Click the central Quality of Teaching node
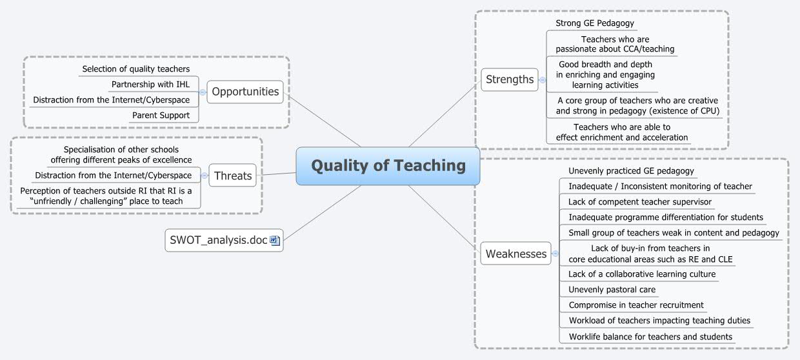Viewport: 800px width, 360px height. pos(388,166)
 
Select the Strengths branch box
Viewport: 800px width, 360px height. pos(510,79)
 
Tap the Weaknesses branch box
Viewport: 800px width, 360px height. pos(515,254)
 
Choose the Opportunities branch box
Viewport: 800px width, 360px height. pos(245,92)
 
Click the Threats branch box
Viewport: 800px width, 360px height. pos(233,175)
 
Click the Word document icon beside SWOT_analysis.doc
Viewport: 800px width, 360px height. pos(275,241)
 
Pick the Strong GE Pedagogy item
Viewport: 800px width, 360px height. pos(594,23)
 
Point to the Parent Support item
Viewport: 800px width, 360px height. pos(161,115)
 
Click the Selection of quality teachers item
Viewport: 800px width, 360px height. pos(135,69)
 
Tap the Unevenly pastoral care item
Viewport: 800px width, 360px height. pos(612,290)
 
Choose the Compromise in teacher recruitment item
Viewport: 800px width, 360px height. pos(635,305)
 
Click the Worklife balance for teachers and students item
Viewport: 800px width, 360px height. pos(650,336)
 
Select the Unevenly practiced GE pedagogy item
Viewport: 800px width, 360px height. pos(630,171)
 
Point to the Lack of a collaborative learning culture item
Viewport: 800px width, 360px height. pos(641,274)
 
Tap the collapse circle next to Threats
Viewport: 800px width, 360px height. pos(204,175)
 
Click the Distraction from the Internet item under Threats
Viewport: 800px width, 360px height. pos(113,175)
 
